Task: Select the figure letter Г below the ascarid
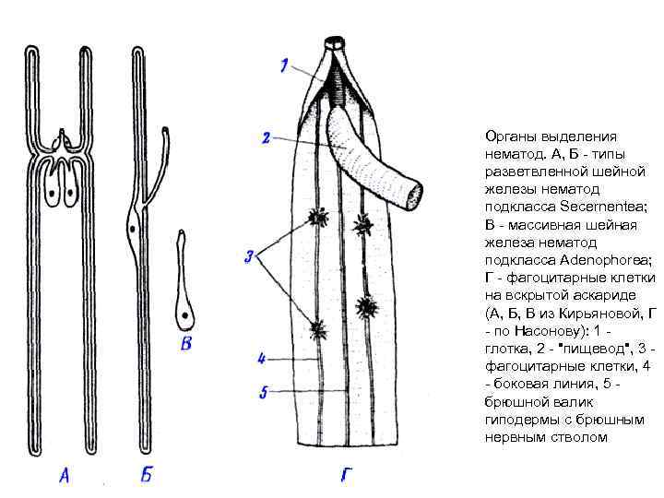point(344,476)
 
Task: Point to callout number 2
point(266,138)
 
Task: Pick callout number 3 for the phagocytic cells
point(249,257)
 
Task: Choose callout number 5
point(263,393)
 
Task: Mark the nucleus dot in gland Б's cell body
point(134,227)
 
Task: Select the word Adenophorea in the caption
point(590,261)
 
